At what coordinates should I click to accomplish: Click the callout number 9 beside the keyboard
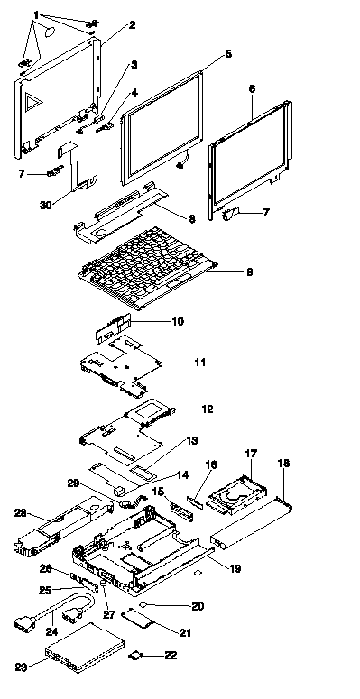pos(249,271)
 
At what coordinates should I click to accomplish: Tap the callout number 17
pos(251,455)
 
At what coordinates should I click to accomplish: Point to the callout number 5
pos(228,54)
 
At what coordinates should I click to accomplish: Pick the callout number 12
pos(208,409)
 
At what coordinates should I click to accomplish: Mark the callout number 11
pos(200,363)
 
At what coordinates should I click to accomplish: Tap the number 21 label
pos(185,632)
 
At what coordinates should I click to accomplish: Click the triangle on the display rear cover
pos(32,102)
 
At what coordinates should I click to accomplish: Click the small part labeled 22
pos(134,656)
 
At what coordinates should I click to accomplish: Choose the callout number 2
pos(132,25)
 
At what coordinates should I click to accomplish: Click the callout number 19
pos(235,568)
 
